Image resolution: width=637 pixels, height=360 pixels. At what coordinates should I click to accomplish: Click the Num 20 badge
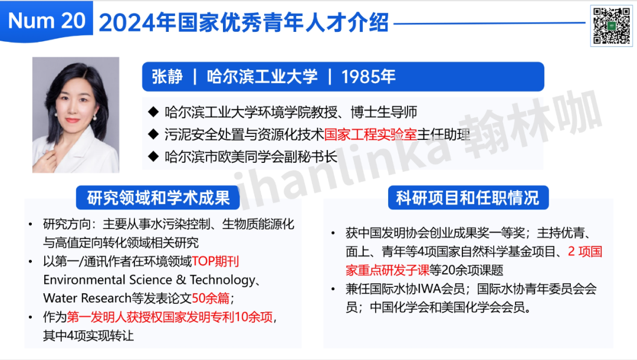(47, 21)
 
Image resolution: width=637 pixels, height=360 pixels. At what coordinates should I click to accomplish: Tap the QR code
(611, 26)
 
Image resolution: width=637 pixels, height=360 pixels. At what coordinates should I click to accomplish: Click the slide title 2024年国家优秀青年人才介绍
(244, 22)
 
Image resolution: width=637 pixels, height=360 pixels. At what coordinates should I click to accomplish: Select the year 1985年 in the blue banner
(368, 77)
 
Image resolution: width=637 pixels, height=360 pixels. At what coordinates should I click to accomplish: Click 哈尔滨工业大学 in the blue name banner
(262, 77)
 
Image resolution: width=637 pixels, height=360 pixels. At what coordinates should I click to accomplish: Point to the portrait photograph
(76, 115)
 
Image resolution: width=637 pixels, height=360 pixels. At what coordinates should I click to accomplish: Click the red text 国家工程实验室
(370, 135)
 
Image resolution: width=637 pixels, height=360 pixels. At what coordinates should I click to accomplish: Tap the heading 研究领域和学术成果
(158, 198)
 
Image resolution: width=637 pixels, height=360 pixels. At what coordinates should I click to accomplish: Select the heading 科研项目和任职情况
(468, 198)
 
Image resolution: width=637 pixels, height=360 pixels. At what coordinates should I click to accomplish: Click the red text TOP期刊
(215, 261)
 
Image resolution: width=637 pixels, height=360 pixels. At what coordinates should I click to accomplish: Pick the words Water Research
(87, 298)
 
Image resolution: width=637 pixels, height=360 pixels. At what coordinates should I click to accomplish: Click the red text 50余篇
(211, 298)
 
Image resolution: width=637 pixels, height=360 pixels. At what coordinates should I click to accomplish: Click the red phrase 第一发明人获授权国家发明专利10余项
(170, 317)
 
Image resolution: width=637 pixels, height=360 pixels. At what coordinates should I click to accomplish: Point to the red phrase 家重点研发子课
(388, 270)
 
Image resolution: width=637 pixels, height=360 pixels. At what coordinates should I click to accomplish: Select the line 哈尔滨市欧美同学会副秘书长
(251, 157)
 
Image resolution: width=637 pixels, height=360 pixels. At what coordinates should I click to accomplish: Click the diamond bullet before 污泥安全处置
(153, 134)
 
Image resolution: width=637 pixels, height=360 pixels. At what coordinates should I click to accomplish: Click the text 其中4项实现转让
(88, 336)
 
